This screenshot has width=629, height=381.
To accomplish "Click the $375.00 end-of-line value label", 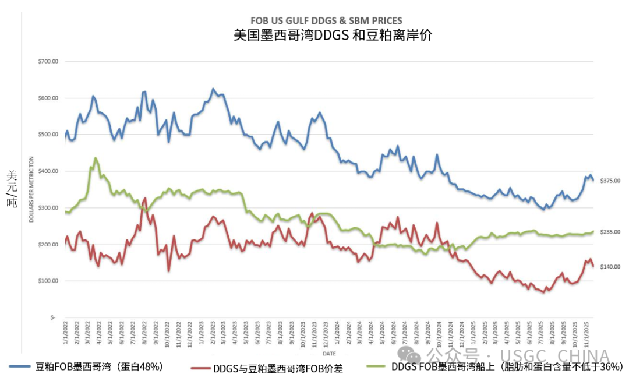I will (x=610, y=181).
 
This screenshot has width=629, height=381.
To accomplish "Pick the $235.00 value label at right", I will (x=610, y=232).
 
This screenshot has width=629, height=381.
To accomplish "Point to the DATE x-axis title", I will (x=329, y=353).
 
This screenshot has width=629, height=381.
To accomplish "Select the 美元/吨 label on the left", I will (x=12, y=189).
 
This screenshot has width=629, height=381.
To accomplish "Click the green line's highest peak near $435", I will (x=96, y=158).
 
